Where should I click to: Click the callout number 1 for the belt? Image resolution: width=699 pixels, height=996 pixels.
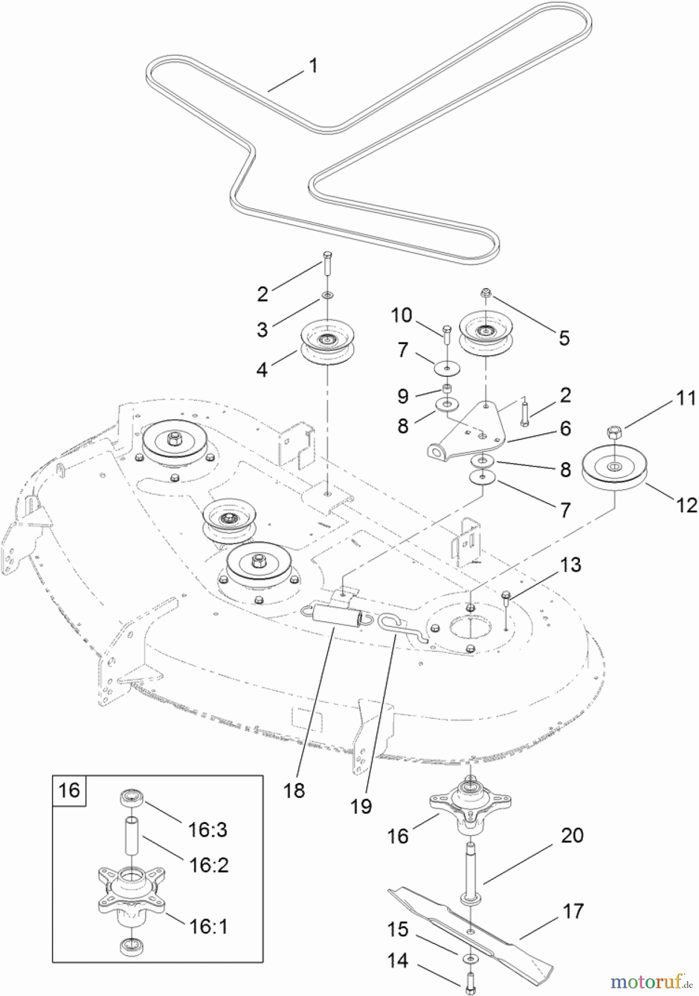[313, 66]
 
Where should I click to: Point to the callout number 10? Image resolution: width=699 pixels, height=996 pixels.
[401, 315]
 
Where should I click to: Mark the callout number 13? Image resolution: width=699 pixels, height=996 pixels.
[570, 565]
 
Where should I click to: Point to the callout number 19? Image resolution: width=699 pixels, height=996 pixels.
[361, 806]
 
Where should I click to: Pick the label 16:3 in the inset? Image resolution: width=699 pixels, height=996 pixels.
[208, 829]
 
